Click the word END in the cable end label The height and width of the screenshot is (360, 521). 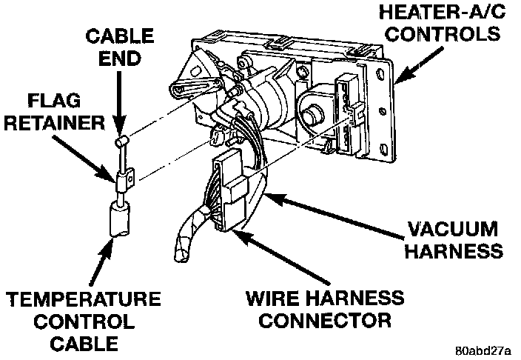[120, 58]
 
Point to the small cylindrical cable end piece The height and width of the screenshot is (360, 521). [123, 141]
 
